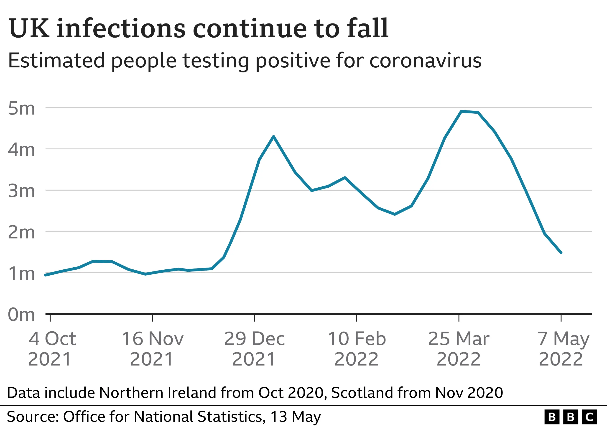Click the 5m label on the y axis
(21, 108)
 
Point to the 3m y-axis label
(21, 191)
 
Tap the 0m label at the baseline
(21, 315)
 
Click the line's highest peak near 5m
(461, 111)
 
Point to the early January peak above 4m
(274, 136)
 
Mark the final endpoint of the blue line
(561, 253)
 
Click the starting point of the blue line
(46, 275)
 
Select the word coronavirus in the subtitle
(425, 61)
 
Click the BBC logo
(570, 417)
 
